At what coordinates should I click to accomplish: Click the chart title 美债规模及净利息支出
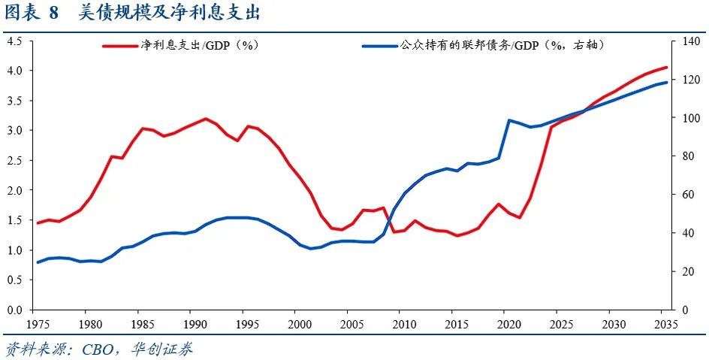[170, 14]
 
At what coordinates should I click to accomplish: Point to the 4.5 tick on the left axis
[14, 41]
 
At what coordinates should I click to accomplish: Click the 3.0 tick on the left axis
[14, 130]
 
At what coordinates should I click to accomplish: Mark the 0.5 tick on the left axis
[14, 280]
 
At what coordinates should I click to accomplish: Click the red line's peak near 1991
[205, 119]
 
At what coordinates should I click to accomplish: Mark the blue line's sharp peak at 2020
[509, 120]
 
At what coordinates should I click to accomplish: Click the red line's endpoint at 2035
[665, 68]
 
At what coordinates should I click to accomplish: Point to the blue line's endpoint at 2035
[665, 83]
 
